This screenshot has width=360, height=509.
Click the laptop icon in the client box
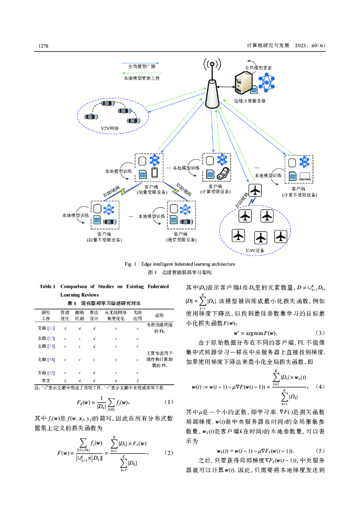pyautogui.click(x=303, y=175)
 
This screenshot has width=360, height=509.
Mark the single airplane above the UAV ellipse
pyautogui.click(x=255, y=190)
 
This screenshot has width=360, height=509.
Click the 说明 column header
pyautogui.click(x=159, y=315)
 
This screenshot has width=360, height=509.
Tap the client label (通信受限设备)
pyautogui.click(x=180, y=239)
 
